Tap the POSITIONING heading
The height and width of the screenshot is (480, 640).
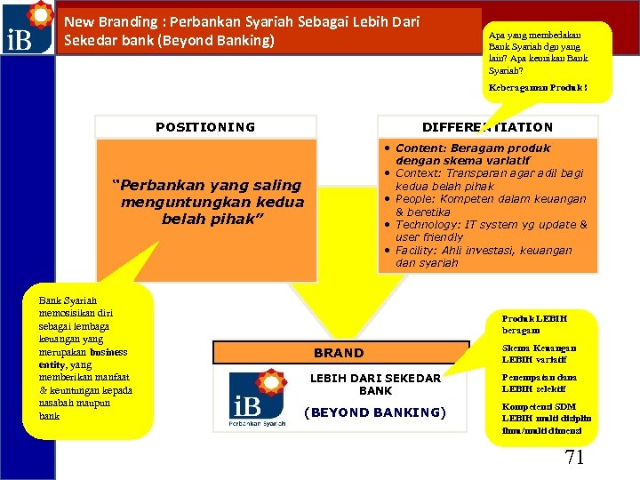click(x=205, y=127)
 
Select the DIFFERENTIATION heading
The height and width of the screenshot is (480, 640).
click(x=487, y=127)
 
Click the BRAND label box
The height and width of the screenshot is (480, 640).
click(x=339, y=353)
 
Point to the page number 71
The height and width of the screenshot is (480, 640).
click(x=574, y=457)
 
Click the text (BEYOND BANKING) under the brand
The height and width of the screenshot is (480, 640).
click(x=374, y=412)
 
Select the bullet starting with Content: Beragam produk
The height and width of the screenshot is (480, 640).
click(x=471, y=154)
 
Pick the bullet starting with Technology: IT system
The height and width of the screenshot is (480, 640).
click(x=490, y=231)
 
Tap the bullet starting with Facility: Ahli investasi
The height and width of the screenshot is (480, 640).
click(x=483, y=257)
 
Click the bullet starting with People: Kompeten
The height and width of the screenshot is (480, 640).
click(x=489, y=205)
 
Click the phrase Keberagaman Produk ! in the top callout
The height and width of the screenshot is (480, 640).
click(x=537, y=87)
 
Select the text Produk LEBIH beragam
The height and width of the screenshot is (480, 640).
click(x=534, y=324)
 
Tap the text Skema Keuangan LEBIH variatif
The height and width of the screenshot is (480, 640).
click(x=539, y=354)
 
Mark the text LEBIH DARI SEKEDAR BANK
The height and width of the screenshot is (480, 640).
click(x=374, y=384)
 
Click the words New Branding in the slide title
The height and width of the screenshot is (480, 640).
click(x=100, y=20)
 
